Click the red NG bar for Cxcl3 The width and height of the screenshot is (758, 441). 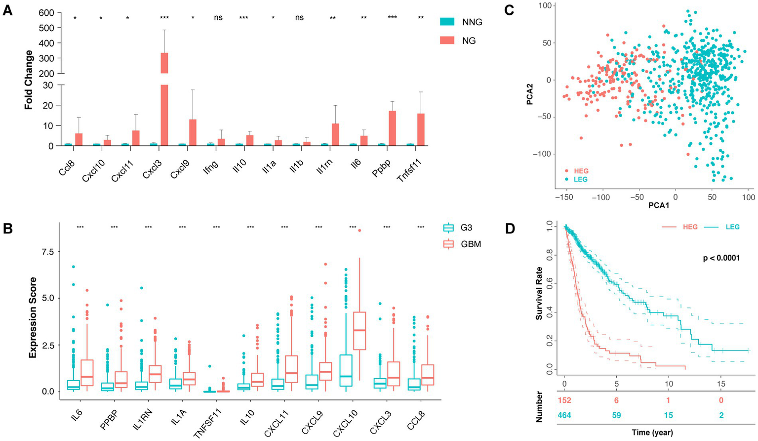164,99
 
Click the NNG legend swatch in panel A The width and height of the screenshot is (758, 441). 447,22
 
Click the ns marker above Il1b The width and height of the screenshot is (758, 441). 299,18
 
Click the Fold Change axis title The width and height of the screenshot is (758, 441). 29,80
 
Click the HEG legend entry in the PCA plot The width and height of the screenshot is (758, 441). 577,171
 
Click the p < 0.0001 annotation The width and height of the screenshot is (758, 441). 721,258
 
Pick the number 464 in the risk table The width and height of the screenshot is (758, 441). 564,415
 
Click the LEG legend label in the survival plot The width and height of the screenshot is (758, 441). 733,227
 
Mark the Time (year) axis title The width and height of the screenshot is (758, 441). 652,433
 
